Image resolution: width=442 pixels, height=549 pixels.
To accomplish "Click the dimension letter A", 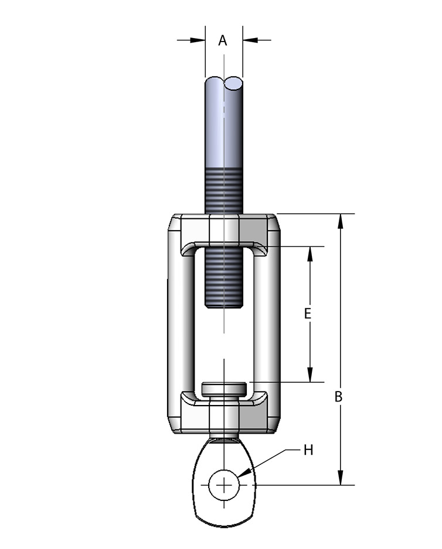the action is pyautogui.click(x=223, y=40).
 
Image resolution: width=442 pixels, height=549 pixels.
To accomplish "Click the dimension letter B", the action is pyautogui.click(x=338, y=397).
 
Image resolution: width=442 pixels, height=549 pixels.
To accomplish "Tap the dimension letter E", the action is pyautogui.click(x=308, y=313).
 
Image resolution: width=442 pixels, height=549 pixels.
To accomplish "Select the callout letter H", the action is pyautogui.click(x=308, y=450).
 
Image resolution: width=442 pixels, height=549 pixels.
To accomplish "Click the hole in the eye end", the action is pyautogui.click(x=224, y=485).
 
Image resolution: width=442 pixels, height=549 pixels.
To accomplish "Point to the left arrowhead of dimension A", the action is pyautogui.click(x=198, y=40).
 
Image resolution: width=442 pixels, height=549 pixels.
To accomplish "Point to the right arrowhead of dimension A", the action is pyautogui.click(x=250, y=40).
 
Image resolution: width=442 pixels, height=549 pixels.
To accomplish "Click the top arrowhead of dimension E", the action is pyautogui.click(x=310, y=254).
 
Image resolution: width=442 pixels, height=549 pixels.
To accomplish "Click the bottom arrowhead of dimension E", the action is pyautogui.click(x=310, y=375).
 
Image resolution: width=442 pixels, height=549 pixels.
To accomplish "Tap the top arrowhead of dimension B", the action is pyautogui.click(x=340, y=221).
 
